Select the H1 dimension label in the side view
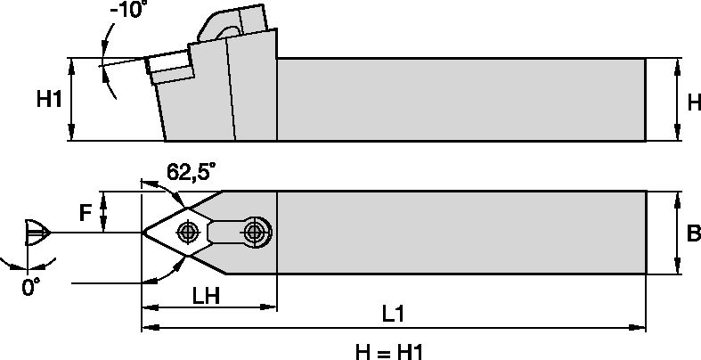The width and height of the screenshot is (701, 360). click(x=49, y=100)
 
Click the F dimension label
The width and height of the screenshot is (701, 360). click(x=86, y=213)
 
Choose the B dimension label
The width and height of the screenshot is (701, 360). click(x=691, y=233)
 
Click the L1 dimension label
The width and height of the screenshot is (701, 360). click(x=393, y=315)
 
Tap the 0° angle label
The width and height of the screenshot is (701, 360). click(x=30, y=287)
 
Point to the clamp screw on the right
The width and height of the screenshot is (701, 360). click(x=257, y=232)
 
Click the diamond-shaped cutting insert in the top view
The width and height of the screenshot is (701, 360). click(x=178, y=232)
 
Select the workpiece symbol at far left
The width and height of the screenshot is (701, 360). click(x=34, y=233)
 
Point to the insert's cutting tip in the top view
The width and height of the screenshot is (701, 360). click(x=143, y=232)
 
